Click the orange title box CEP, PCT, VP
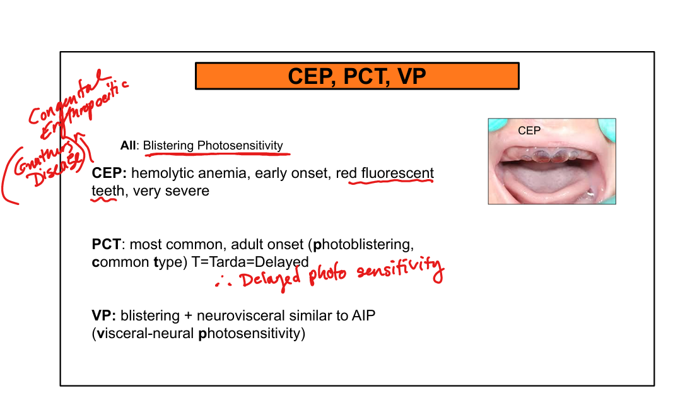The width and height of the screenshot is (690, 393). pos(357,76)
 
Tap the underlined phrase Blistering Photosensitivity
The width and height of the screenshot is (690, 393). pos(213,146)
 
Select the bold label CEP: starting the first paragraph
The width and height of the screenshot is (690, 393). pos(109,173)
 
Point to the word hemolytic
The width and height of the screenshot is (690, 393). pos(160,173)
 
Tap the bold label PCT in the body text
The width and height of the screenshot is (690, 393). pos(106,244)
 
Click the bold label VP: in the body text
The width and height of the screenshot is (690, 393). pos(104,315)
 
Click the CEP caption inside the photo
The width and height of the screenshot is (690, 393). pos(529,131)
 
